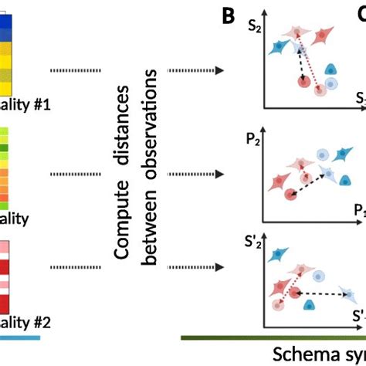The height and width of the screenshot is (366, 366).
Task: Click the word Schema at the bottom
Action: point(301,354)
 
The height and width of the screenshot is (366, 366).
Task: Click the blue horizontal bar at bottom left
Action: point(20,337)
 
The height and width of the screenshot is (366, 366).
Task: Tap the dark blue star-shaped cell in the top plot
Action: point(276,48)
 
